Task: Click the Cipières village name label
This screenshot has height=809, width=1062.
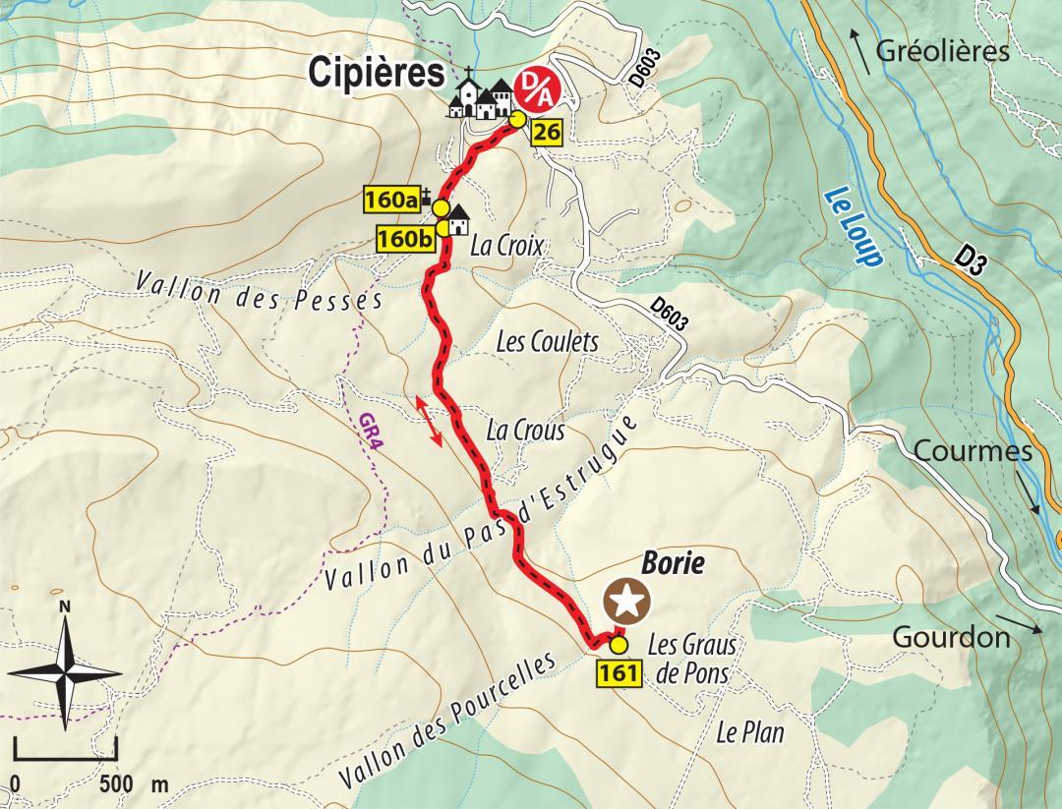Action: click(376, 71)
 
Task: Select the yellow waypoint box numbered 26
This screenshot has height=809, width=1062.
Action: click(547, 132)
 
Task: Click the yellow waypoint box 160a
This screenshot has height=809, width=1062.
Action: click(391, 200)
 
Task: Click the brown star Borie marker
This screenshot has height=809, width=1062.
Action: click(626, 601)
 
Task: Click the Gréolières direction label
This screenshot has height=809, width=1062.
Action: click(942, 52)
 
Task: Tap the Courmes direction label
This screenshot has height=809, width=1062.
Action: click(973, 451)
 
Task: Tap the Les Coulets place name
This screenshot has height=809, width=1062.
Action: click(547, 342)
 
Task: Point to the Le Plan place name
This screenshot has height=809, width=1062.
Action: click(750, 732)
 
